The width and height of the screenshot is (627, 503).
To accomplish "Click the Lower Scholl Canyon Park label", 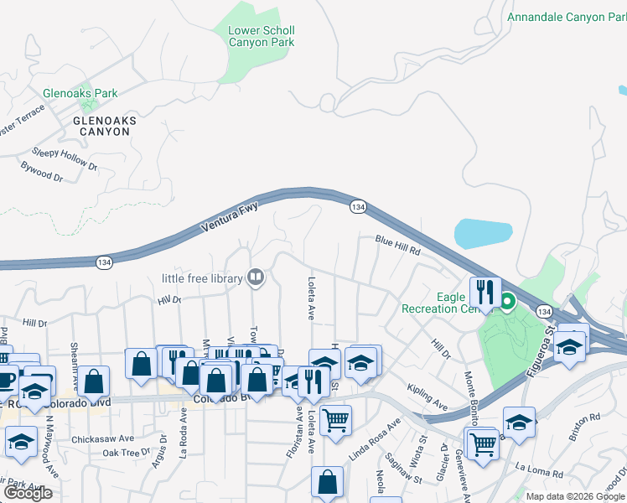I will click(x=262, y=36).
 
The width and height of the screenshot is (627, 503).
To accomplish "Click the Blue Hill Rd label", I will click(x=396, y=244).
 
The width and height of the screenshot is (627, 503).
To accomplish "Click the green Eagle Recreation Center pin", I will click(x=508, y=300).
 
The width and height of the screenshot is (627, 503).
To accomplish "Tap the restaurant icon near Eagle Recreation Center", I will click(x=484, y=293).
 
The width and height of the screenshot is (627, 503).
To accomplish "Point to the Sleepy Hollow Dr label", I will click(x=65, y=159).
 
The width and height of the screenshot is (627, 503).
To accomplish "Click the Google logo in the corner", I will click(x=28, y=493).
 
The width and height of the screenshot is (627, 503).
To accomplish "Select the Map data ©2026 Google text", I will click(x=574, y=496).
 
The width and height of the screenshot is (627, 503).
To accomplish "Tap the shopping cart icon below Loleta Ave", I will click(x=335, y=421).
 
